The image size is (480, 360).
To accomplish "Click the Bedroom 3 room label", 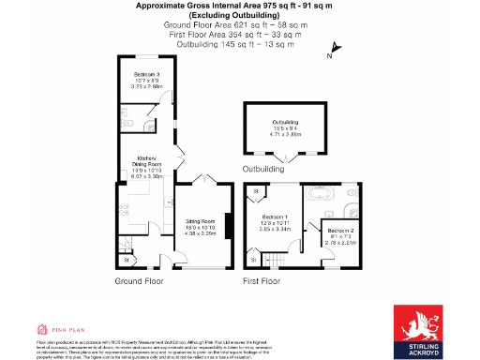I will pos(146,79).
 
